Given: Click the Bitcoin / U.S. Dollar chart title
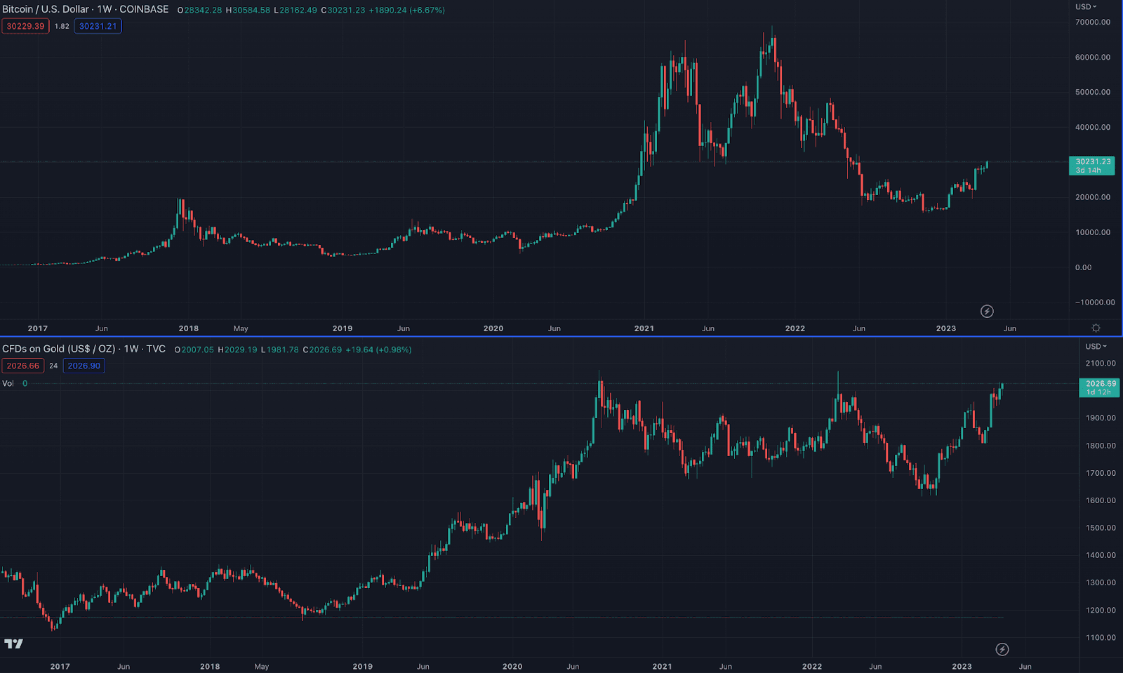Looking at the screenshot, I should tap(85, 9).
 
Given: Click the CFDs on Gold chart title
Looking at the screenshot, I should tap(84, 349).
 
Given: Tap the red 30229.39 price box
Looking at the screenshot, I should tap(25, 26).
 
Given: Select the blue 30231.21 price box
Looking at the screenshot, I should tap(98, 26).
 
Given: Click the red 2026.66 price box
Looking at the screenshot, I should tap(23, 366).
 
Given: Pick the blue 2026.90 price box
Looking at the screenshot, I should tap(84, 366).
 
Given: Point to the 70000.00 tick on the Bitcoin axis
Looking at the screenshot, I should tap(1092, 22).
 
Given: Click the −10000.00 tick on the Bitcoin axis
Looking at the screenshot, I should tap(1094, 302).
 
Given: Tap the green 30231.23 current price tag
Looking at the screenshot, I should tap(1091, 165).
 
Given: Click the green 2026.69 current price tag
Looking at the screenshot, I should tap(1099, 387).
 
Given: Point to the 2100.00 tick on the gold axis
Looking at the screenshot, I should tap(1100, 364).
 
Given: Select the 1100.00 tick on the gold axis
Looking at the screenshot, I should tap(1100, 638).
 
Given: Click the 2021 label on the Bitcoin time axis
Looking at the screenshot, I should tap(644, 328).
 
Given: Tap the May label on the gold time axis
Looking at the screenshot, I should tap(262, 667).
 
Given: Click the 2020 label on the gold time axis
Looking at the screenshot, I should tap(512, 667).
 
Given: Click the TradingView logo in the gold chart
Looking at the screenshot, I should tap(13, 644).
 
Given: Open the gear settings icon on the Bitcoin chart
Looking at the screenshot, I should tap(1096, 328).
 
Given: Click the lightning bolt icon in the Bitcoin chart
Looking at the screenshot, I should tap(987, 311).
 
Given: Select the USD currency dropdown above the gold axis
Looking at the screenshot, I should tap(1095, 346).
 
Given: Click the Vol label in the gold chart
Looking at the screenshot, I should tap(8, 383).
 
